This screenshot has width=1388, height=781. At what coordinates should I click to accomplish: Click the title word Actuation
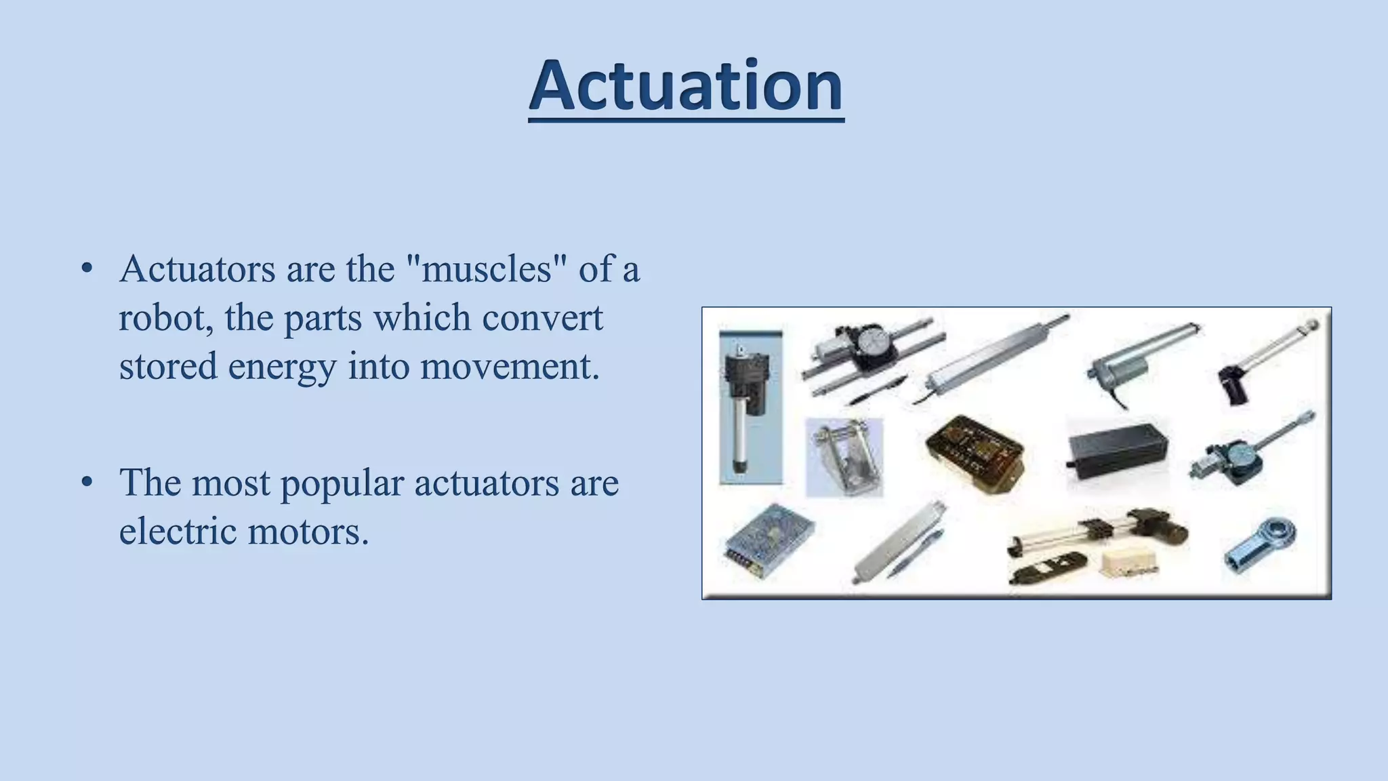point(686,86)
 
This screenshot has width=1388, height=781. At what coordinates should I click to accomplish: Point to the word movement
point(509,367)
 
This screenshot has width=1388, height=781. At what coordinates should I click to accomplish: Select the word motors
point(308,532)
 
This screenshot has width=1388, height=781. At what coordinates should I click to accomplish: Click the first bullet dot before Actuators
point(86,269)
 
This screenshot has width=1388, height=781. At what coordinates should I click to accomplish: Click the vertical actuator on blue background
point(750,407)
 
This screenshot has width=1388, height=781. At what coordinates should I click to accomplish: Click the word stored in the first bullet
point(167,367)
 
